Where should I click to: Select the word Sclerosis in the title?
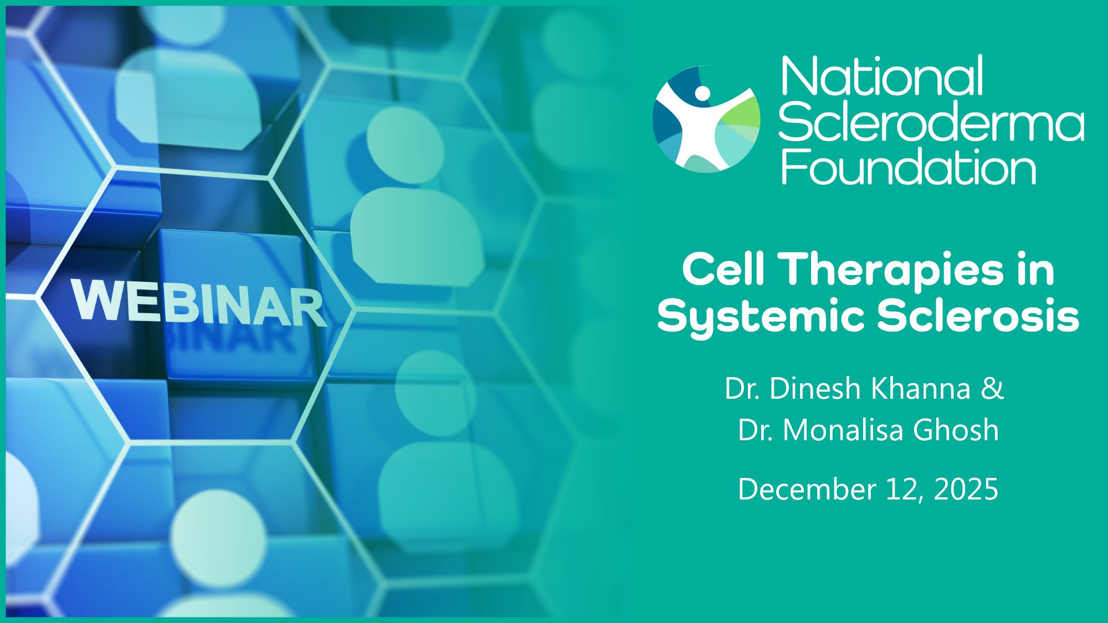tap(978, 316)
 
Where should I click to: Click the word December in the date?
tap(807, 489)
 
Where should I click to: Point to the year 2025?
tap(966, 489)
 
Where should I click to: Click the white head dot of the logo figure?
tap(702, 92)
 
